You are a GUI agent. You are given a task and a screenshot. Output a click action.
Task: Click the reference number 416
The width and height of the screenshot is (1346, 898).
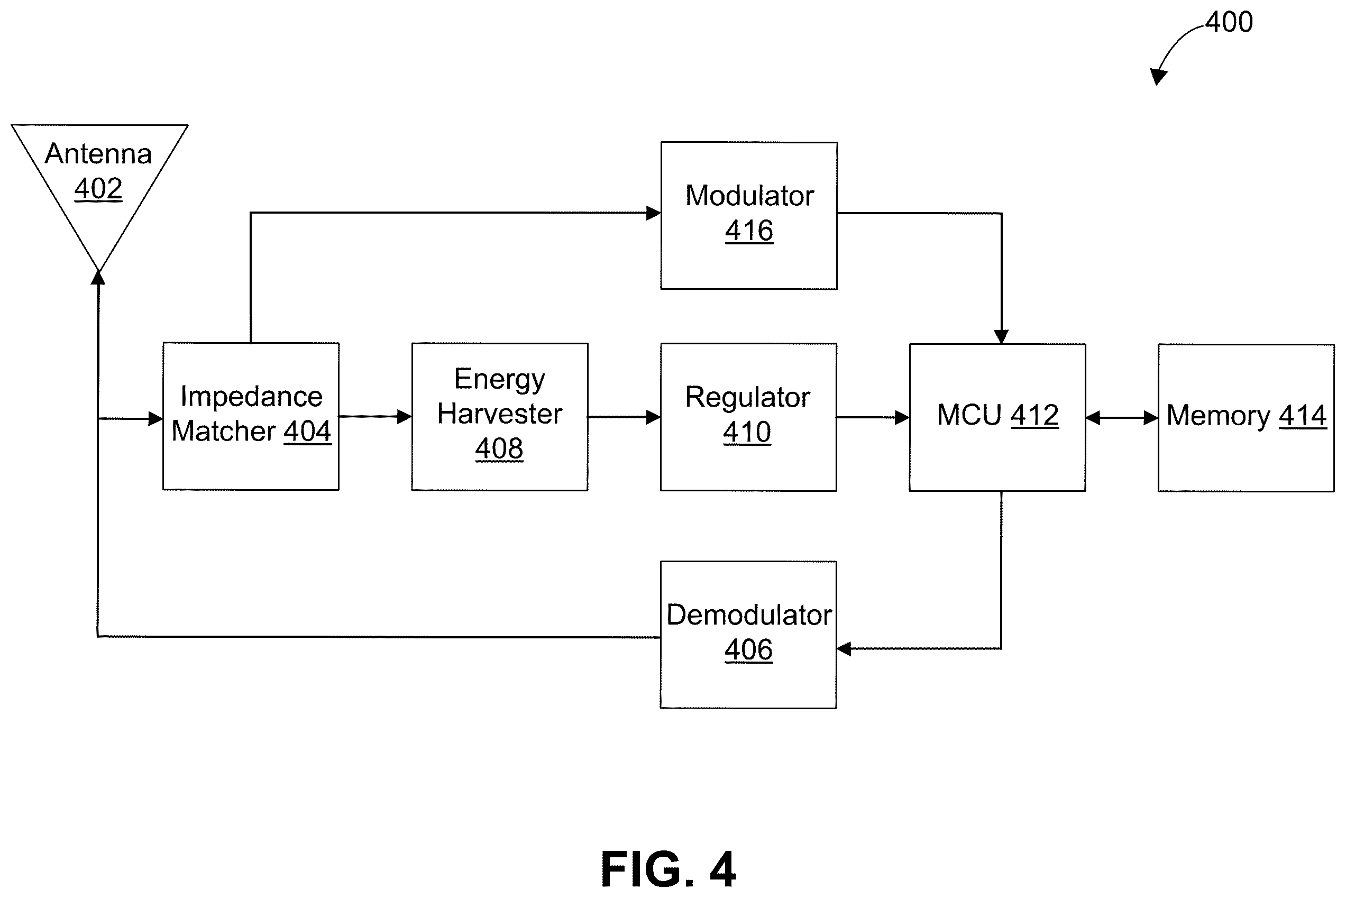tap(749, 231)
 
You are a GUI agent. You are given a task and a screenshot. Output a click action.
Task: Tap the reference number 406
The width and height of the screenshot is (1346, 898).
tap(748, 650)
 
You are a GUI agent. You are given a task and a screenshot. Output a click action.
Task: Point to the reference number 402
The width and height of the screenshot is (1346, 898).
tap(98, 188)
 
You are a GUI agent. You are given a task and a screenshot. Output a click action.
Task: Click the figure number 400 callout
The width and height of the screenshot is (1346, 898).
tap(1229, 22)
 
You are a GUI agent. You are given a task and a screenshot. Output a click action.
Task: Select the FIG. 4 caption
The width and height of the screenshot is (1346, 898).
tap(669, 869)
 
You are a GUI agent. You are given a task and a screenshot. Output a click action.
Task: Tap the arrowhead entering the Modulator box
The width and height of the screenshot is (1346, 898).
tap(654, 213)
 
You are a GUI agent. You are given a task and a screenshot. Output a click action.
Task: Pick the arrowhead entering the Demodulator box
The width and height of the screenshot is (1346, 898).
tap(844, 649)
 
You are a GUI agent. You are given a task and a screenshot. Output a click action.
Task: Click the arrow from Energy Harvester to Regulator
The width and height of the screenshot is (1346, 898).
tap(624, 417)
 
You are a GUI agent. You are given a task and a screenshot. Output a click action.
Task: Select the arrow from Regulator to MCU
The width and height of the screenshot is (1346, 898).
tap(873, 417)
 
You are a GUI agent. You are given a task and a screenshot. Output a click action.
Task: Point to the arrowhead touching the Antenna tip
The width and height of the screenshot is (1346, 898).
tap(98, 278)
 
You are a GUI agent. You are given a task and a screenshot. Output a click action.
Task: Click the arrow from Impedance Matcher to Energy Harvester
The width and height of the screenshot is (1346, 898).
tap(375, 416)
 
